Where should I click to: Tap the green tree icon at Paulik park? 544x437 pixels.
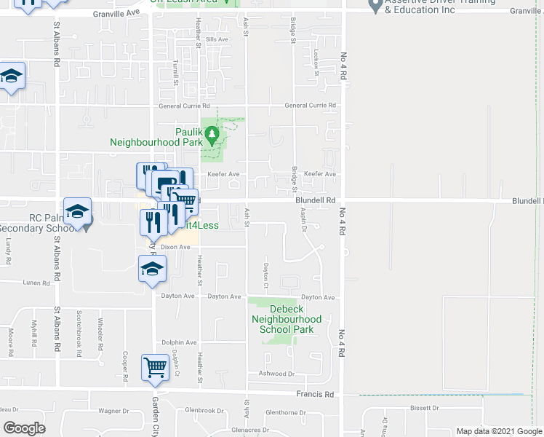(x=212, y=134)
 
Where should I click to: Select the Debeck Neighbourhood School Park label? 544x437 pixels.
(x=286, y=318)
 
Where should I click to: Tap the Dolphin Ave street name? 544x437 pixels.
(x=179, y=342)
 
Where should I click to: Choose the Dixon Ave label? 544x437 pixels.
(x=175, y=248)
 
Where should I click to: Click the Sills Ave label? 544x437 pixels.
(x=217, y=39)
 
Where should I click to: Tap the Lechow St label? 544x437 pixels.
(x=317, y=59)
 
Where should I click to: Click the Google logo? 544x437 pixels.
(x=24, y=428)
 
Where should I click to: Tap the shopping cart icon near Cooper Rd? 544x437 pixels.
(x=155, y=368)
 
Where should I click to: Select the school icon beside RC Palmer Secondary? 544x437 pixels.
(x=77, y=213)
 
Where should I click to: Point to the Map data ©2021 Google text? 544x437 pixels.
(x=498, y=431)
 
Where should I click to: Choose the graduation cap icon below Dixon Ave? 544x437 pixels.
(x=152, y=269)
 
